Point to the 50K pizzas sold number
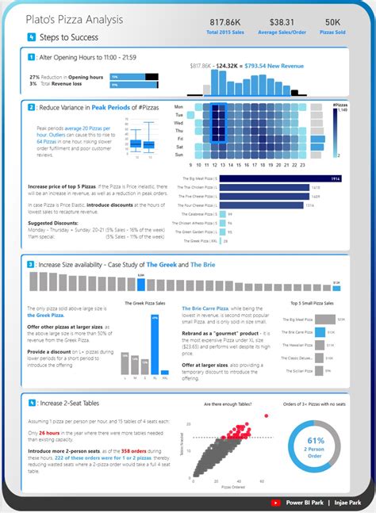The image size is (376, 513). click(333, 23)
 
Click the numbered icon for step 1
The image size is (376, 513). click(31, 58)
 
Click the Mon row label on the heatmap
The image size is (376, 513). click(178, 106)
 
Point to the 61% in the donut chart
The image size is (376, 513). click(316, 440)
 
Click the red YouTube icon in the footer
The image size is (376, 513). click(275, 502)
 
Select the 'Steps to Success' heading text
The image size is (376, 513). click(67, 37)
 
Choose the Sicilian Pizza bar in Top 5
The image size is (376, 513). click(320, 370)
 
